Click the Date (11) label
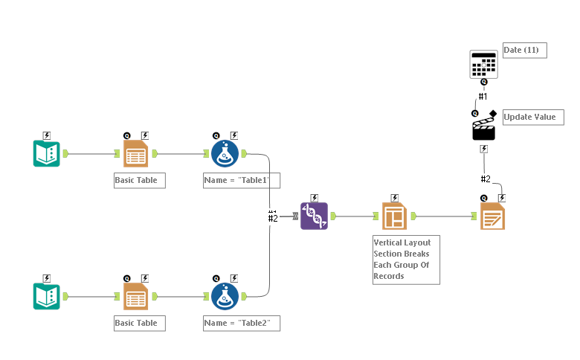(x=524, y=50)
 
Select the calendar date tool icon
(x=483, y=65)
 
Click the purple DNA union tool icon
(x=314, y=216)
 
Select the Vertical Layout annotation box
(x=406, y=260)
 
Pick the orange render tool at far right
(x=492, y=216)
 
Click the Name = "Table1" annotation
(x=242, y=180)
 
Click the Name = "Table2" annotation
(x=242, y=323)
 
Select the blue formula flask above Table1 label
(x=225, y=153)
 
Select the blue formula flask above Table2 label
(x=225, y=296)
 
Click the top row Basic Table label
(x=139, y=180)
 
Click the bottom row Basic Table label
(x=139, y=323)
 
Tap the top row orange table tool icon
(x=135, y=153)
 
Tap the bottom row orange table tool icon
(x=135, y=296)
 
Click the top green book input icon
(x=46, y=153)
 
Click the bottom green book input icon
(x=46, y=296)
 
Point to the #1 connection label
(x=483, y=97)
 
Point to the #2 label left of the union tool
(x=273, y=218)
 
